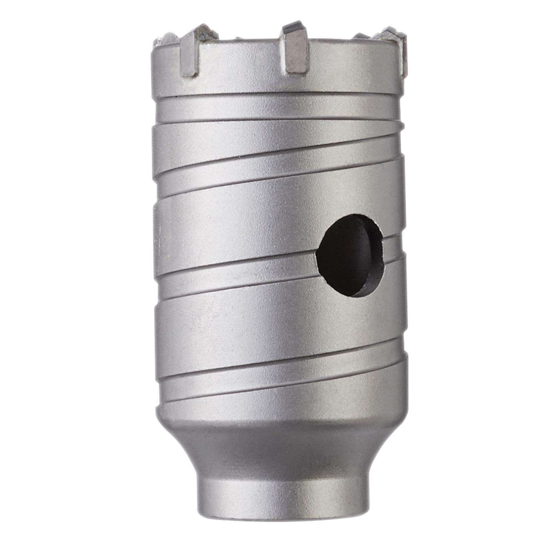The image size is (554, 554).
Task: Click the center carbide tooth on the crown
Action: click(x=296, y=48)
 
